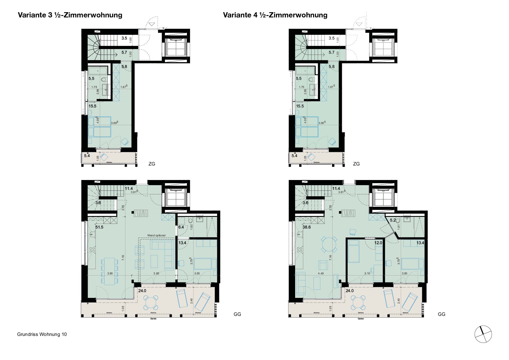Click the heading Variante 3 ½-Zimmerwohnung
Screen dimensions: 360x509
pyautogui.click(x=70, y=15)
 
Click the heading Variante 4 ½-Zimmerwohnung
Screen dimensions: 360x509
pyautogui.click(x=275, y=15)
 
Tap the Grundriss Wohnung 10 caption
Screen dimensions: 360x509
pyautogui.click(x=42, y=334)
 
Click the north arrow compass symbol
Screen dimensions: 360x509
pyautogui.click(x=483, y=334)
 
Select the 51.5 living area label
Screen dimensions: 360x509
pyautogui.click(x=99, y=227)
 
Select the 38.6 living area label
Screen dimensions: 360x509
pyautogui.click(x=306, y=227)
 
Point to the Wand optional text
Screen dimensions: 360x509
pyautogui.click(x=156, y=235)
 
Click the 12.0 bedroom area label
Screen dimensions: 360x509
pyautogui.click(x=378, y=243)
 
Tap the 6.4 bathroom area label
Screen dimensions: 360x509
pyautogui.click(x=181, y=227)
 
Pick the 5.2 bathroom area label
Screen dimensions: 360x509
pyautogui.click(x=393, y=220)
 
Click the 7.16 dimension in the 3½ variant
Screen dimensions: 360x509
pyautogui.click(x=123, y=257)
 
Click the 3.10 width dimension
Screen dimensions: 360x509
pyautogui.click(x=367, y=273)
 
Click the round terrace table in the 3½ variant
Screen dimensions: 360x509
pyautogui.click(x=151, y=303)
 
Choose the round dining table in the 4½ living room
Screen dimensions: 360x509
pyautogui.click(x=329, y=245)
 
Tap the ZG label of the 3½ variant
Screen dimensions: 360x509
pyautogui.click(x=151, y=164)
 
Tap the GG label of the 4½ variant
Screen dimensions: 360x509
pyautogui.click(x=441, y=314)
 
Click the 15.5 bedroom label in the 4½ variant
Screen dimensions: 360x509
pyautogui.click(x=300, y=106)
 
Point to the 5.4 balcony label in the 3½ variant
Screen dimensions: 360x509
pyautogui.click(x=87, y=156)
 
